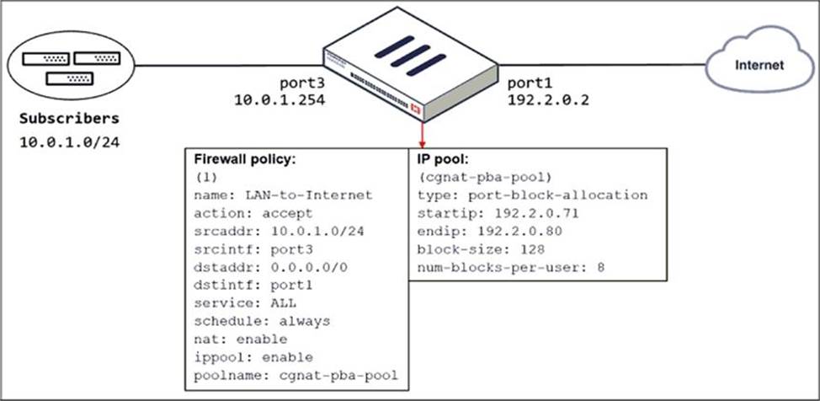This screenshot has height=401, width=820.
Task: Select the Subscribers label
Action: (70, 118)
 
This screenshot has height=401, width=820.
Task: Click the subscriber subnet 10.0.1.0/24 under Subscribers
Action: (70, 142)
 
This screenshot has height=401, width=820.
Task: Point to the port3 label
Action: (301, 84)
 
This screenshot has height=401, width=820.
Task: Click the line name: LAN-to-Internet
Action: (283, 195)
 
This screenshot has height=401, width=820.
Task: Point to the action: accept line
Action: (253, 213)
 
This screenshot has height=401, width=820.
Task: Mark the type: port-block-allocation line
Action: (532, 195)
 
